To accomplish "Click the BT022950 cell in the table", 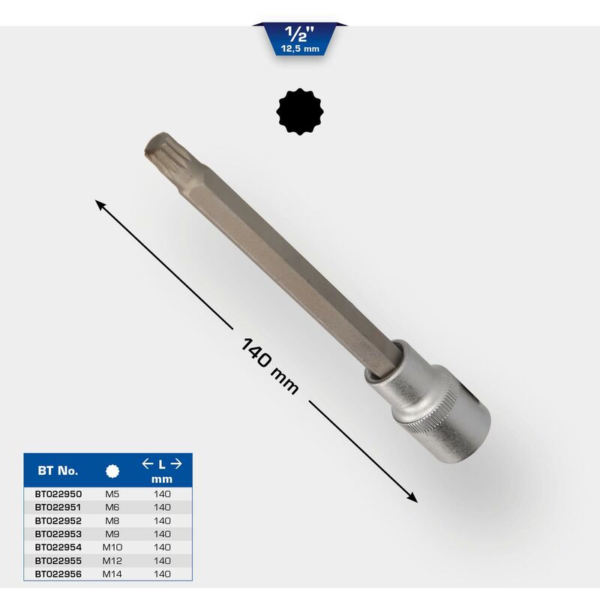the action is pos(58,494).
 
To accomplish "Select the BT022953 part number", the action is pos(58,534).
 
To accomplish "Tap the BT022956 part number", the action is pos(58,574).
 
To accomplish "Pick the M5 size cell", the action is pos(112,494).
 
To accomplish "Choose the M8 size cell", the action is pos(112,520).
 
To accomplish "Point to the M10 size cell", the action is pos(112,547).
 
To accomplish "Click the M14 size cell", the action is pos(112,574).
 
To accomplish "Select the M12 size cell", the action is pos(112,560).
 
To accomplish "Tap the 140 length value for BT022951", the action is pos(162,508).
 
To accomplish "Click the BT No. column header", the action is pos(58,471).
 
